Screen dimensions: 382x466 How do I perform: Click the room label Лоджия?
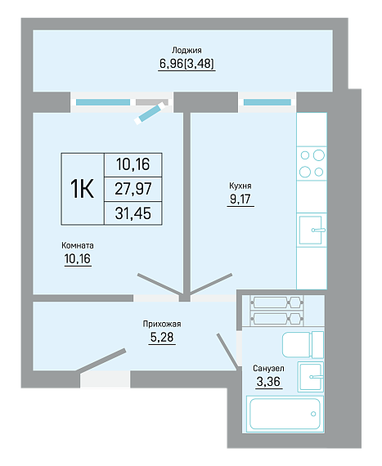tap(187, 50)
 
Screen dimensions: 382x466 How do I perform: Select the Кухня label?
tap(240, 186)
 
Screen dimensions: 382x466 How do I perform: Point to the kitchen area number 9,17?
tap(240, 199)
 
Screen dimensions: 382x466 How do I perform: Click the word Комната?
tap(78, 245)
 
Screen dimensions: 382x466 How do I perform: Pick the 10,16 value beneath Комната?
tap(78, 259)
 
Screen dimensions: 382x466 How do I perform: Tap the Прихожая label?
tap(162, 324)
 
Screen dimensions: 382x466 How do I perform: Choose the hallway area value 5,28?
tap(162, 338)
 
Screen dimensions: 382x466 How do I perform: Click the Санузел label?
tap(268, 368)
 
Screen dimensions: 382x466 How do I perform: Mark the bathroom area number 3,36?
tap(268, 382)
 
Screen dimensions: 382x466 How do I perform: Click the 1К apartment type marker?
tap(82, 189)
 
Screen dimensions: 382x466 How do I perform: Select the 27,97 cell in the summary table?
tap(133, 189)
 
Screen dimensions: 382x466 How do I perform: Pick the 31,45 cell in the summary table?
tap(133, 213)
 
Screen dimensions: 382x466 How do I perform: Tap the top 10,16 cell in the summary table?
tap(133, 164)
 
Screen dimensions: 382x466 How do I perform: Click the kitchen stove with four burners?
tap(312, 164)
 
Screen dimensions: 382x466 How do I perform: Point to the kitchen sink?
tap(312, 230)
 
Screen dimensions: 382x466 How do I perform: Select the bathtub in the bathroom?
tap(285, 414)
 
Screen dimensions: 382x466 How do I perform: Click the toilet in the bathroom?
tap(303, 345)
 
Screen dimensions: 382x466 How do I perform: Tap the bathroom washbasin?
tap(310, 377)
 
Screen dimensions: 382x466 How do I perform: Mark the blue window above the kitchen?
tap(267, 102)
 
